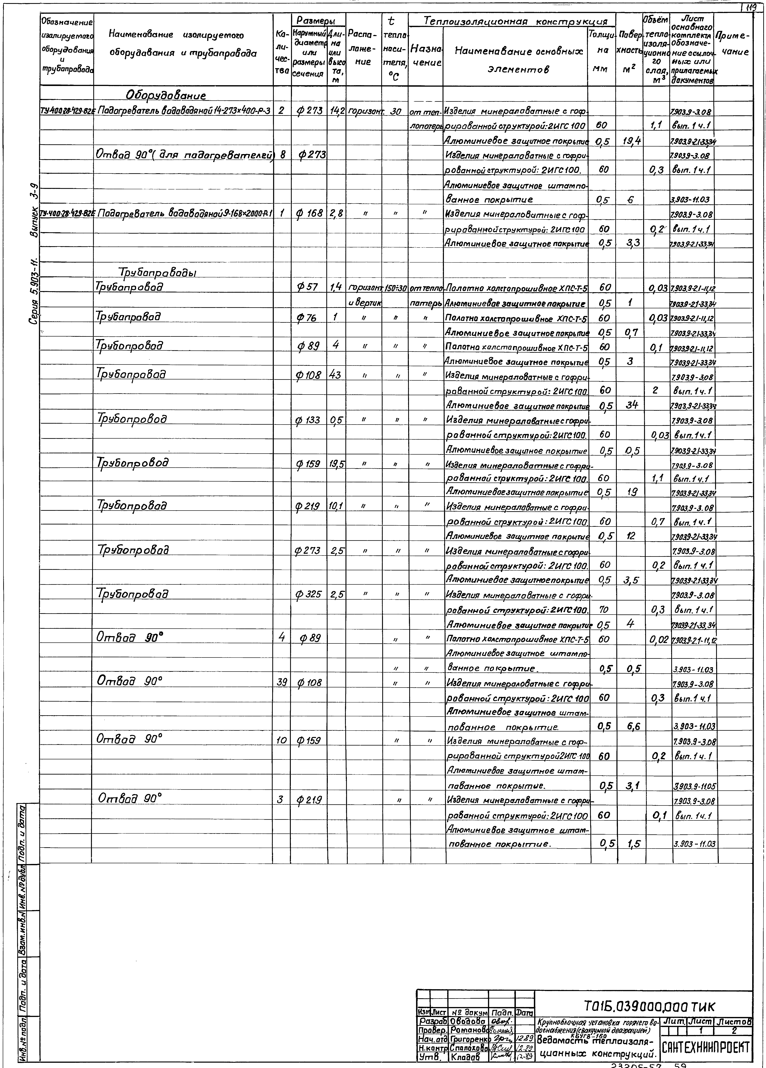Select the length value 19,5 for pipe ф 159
pyautogui.click(x=337, y=464)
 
